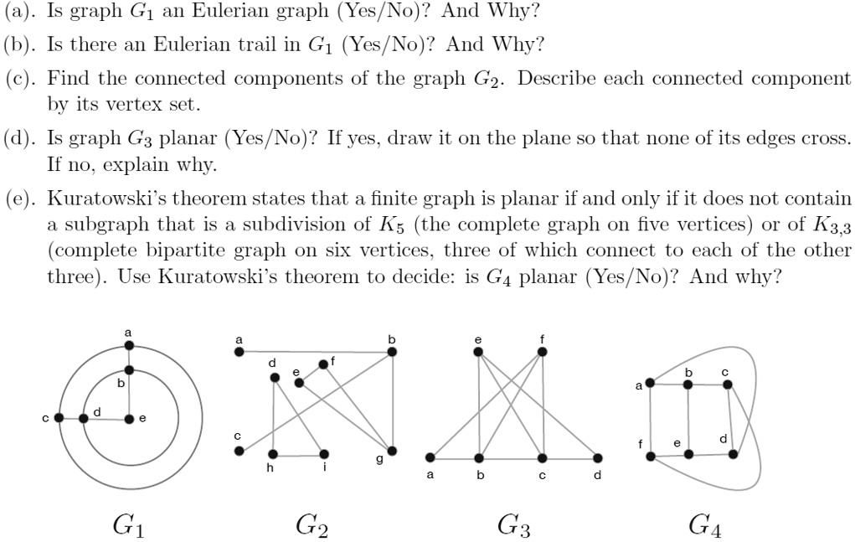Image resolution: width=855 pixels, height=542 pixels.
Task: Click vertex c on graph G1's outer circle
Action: pyautogui.click(x=58, y=417)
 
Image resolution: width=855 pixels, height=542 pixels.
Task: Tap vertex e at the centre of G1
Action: pyautogui.click(x=129, y=417)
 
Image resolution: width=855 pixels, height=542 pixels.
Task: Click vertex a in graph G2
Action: pyautogui.click(x=239, y=352)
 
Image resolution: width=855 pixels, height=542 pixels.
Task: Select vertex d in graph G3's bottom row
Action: pyautogui.click(x=597, y=457)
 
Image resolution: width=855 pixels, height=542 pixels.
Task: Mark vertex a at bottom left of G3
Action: pyautogui.click(x=430, y=457)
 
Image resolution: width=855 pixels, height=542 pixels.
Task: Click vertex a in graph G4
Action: pyautogui.click(x=650, y=383)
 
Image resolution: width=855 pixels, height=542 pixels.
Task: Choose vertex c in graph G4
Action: pyautogui.click(x=727, y=384)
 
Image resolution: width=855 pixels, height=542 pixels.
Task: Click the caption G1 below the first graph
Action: pyautogui.click(x=129, y=525)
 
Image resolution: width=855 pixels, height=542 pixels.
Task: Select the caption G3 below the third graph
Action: pyautogui.click(x=513, y=525)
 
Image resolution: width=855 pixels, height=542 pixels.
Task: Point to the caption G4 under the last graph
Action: pyautogui.click(x=705, y=525)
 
